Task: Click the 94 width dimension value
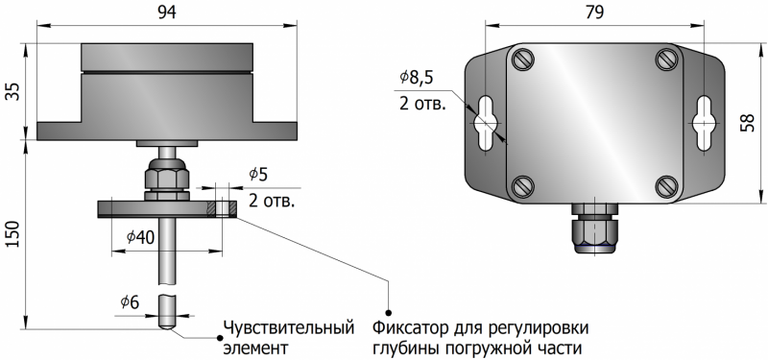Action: (167, 12)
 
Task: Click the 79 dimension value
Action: (593, 12)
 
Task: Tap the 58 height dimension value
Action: (747, 123)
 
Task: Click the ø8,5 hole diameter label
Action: (417, 78)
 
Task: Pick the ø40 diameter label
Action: (140, 237)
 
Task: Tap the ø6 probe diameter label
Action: (131, 303)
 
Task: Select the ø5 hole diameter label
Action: (258, 175)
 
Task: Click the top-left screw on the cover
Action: (521, 60)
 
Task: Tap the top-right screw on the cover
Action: (666, 60)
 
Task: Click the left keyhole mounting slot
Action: (485, 123)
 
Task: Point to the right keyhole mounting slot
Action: (704, 123)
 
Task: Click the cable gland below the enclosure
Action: (593, 228)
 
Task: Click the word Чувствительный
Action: (289, 328)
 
